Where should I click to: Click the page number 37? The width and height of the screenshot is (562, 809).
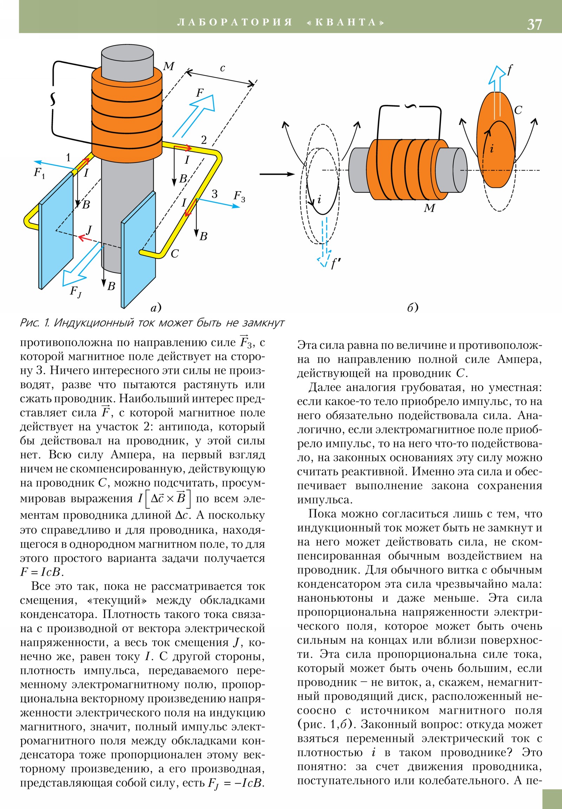click(x=534, y=24)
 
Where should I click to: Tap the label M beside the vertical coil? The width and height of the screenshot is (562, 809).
click(x=169, y=66)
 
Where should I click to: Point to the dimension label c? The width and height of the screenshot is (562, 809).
click(x=222, y=68)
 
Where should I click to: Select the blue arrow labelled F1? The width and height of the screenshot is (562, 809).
click(x=53, y=165)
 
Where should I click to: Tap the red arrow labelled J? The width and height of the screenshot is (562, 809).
click(x=85, y=238)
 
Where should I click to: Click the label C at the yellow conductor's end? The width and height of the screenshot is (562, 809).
click(x=175, y=254)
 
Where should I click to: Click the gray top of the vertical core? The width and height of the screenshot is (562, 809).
click(x=128, y=56)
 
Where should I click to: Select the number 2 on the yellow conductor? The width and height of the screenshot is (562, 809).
click(x=204, y=140)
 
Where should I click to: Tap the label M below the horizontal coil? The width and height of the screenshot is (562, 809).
click(x=429, y=208)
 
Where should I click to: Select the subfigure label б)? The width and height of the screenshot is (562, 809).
click(x=413, y=308)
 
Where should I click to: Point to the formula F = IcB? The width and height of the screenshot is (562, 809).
click(x=42, y=572)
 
